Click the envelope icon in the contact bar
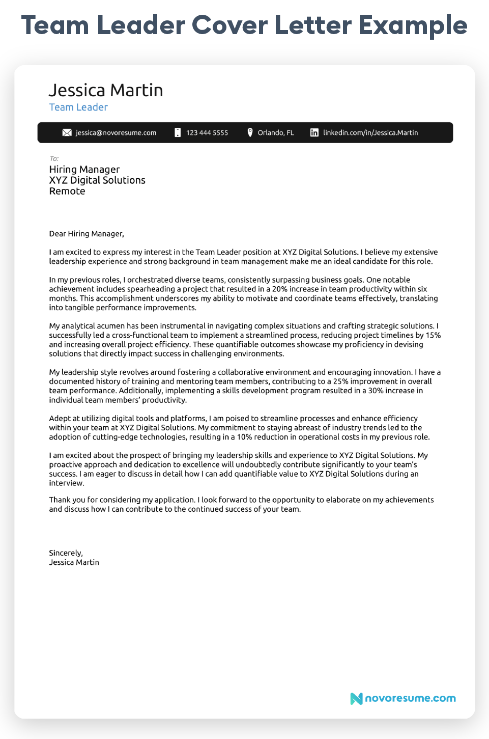click(x=67, y=132)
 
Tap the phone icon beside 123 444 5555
click(x=178, y=132)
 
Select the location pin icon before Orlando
click(x=250, y=132)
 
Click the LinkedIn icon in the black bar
click(x=314, y=132)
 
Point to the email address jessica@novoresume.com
click(x=116, y=132)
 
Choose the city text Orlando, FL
click(x=276, y=132)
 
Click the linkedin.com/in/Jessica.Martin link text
click(x=370, y=132)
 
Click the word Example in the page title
click(x=413, y=25)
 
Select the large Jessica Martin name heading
click(x=106, y=90)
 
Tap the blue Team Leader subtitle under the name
click(x=78, y=107)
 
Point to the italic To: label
click(x=54, y=158)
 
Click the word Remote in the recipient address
click(x=67, y=191)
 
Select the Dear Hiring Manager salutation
click(x=87, y=234)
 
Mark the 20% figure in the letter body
click(x=279, y=289)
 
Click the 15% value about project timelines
click(x=433, y=335)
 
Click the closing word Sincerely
click(x=66, y=553)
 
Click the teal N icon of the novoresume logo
click(x=356, y=698)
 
